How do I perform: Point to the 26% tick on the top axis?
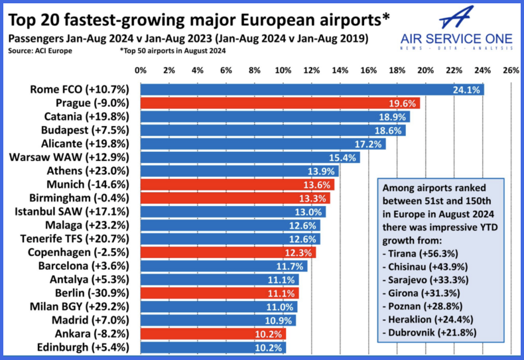coord(511,70)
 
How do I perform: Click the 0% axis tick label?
coord(141,70)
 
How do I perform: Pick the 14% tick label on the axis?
coord(340,70)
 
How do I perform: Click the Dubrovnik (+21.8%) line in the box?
coord(428,330)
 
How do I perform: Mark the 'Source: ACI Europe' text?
coord(40,50)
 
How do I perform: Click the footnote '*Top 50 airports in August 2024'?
coord(172,50)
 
